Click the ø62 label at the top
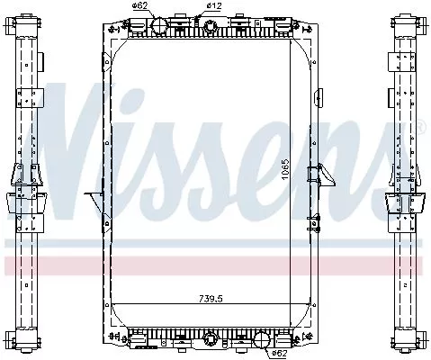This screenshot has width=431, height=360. click(x=139, y=7)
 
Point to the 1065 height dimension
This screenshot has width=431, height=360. click(x=285, y=168)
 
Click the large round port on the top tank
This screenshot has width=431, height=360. click(x=157, y=24)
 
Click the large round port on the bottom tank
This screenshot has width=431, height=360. click(x=262, y=340)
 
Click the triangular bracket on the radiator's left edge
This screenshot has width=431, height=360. click(x=92, y=196)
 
